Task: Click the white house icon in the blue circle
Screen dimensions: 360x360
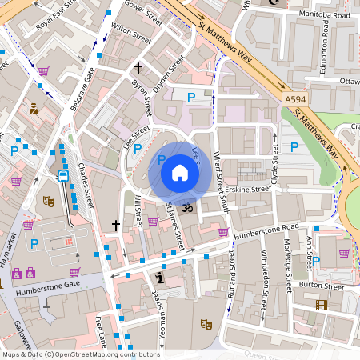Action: pos(180,172)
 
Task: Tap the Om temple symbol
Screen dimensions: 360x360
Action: pos(190,208)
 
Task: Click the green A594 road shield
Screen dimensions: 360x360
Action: pos(294,99)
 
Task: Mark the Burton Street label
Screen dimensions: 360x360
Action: pos(322,285)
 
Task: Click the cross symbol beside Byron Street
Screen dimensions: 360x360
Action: pos(138,68)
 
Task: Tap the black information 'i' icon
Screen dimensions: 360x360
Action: pos(160,278)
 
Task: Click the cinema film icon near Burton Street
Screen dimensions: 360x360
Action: pos(321,305)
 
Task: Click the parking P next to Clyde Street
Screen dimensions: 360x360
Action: pos(295,147)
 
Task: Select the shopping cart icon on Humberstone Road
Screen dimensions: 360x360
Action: pos(223,232)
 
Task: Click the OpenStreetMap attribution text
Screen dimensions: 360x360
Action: pos(80,354)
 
